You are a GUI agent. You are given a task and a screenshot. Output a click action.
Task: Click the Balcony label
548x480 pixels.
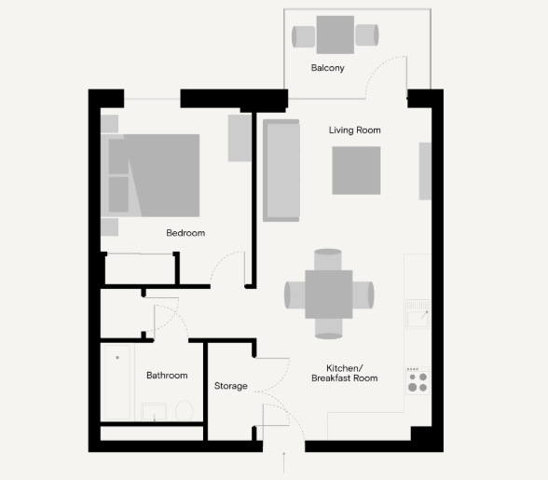(x=327, y=68)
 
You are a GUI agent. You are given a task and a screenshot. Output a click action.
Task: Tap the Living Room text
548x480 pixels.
(x=354, y=130)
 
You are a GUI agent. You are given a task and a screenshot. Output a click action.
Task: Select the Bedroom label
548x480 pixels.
(x=185, y=233)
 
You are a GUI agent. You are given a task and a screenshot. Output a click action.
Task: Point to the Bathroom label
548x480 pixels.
(x=167, y=375)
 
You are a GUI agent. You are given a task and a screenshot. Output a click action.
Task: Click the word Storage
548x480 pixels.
(x=231, y=386)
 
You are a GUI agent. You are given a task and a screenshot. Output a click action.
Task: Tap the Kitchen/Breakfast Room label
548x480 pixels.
(x=345, y=373)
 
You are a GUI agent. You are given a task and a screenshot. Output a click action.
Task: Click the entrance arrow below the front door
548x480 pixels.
(x=283, y=462)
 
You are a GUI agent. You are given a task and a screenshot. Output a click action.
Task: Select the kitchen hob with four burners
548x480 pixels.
(x=418, y=381)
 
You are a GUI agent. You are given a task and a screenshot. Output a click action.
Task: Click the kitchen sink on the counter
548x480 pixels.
(x=418, y=314)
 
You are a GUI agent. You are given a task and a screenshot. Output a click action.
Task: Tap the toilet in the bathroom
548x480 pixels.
(x=185, y=411)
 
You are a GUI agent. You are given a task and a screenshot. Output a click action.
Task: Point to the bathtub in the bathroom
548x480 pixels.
(x=117, y=382)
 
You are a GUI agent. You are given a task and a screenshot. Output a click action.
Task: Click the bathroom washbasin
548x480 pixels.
(x=154, y=412)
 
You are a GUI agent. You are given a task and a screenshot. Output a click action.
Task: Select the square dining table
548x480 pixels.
(x=328, y=295)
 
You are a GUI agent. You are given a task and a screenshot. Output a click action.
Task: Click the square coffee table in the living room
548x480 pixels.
(x=356, y=171)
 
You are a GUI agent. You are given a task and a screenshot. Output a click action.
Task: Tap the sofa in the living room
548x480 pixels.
(x=281, y=171)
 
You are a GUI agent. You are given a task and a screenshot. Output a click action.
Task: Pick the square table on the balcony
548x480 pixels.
(x=336, y=34)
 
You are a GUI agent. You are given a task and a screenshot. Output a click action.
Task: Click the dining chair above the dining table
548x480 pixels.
(x=328, y=260)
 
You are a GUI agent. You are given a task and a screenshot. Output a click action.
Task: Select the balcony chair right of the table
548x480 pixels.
(x=366, y=35)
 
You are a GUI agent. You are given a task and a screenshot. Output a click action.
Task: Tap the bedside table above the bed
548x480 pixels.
(x=109, y=124)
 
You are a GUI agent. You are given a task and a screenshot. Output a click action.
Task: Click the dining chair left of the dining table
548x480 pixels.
(x=295, y=295)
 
